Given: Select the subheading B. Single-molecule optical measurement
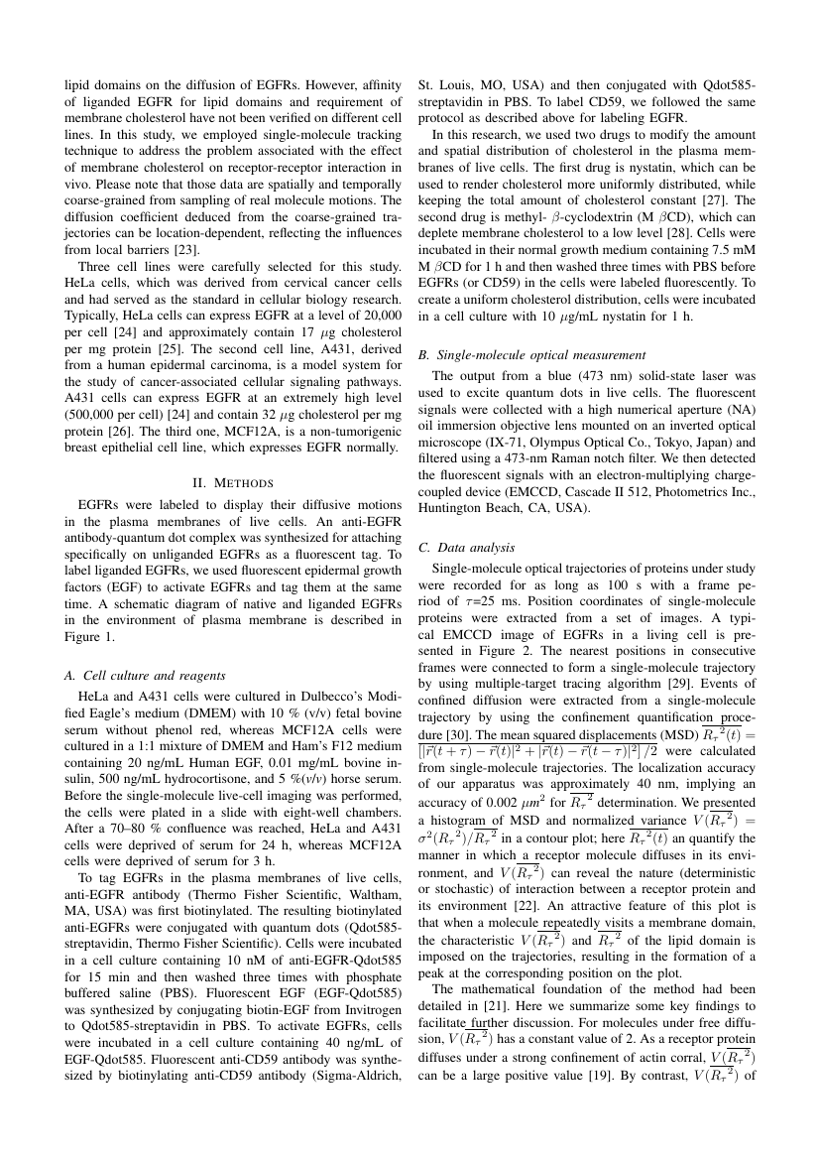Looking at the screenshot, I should coord(532,354).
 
